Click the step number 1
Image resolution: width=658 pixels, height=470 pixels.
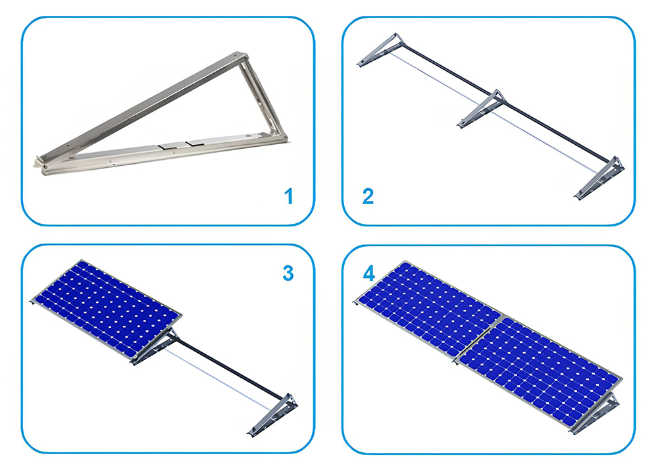[x=288, y=196]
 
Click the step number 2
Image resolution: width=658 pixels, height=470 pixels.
[x=368, y=196]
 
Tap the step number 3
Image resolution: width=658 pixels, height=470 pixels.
[x=288, y=273]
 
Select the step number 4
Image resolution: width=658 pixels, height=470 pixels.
[x=368, y=273]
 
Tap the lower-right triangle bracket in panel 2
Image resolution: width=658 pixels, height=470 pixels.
[x=599, y=178]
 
